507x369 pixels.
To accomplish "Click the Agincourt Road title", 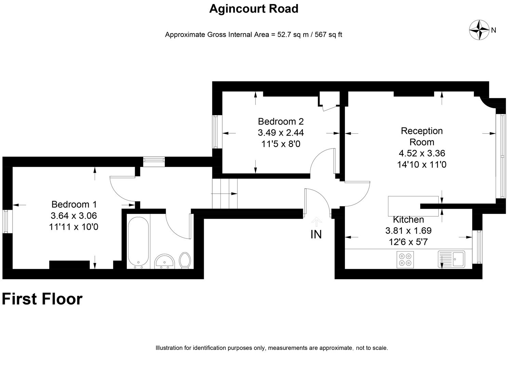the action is pyautogui.click(x=254, y=9).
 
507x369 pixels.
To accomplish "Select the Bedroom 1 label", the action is pyautogui.click(x=74, y=205).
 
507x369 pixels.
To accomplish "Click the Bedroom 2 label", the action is pyautogui.click(x=281, y=122).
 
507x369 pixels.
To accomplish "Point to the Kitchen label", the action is pyautogui.click(x=408, y=219).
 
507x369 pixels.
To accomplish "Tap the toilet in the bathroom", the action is pyautogui.click(x=185, y=260).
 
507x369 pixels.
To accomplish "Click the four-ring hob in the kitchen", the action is pyautogui.click(x=405, y=260).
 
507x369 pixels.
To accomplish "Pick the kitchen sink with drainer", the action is pyautogui.click(x=451, y=259).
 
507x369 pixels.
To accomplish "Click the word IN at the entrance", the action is pyautogui.click(x=316, y=234).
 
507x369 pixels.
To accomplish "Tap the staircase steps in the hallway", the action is pyautogui.click(x=225, y=193).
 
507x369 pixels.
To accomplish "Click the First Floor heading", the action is pyautogui.click(x=42, y=299).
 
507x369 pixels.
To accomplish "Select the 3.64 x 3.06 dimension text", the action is pyautogui.click(x=74, y=216).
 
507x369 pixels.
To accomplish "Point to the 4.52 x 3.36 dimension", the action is pyautogui.click(x=422, y=153).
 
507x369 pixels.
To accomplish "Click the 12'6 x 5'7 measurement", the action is pyautogui.click(x=408, y=242).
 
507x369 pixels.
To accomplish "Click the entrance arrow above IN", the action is pyautogui.click(x=316, y=222).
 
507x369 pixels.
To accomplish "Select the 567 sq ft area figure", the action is pyautogui.click(x=328, y=35).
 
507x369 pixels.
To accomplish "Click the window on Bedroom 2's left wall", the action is pyautogui.click(x=215, y=132).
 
